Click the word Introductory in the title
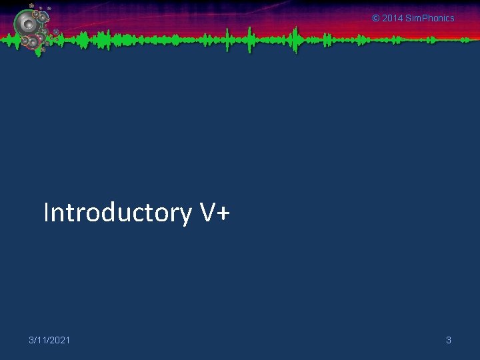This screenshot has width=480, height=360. point(117,213)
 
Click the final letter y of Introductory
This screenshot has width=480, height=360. point(186,216)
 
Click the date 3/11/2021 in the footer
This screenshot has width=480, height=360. point(49,341)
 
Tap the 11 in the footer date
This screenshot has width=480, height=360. point(42,341)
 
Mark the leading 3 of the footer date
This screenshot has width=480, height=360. point(31,341)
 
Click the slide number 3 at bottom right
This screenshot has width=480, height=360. point(449,341)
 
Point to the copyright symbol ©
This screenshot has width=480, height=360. point(375,18)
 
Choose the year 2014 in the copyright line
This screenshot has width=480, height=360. point(393,18)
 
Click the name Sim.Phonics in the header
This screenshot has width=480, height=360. point(430,18)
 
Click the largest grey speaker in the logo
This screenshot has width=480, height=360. point(27,25)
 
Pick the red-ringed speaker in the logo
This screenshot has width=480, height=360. point(31,42)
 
